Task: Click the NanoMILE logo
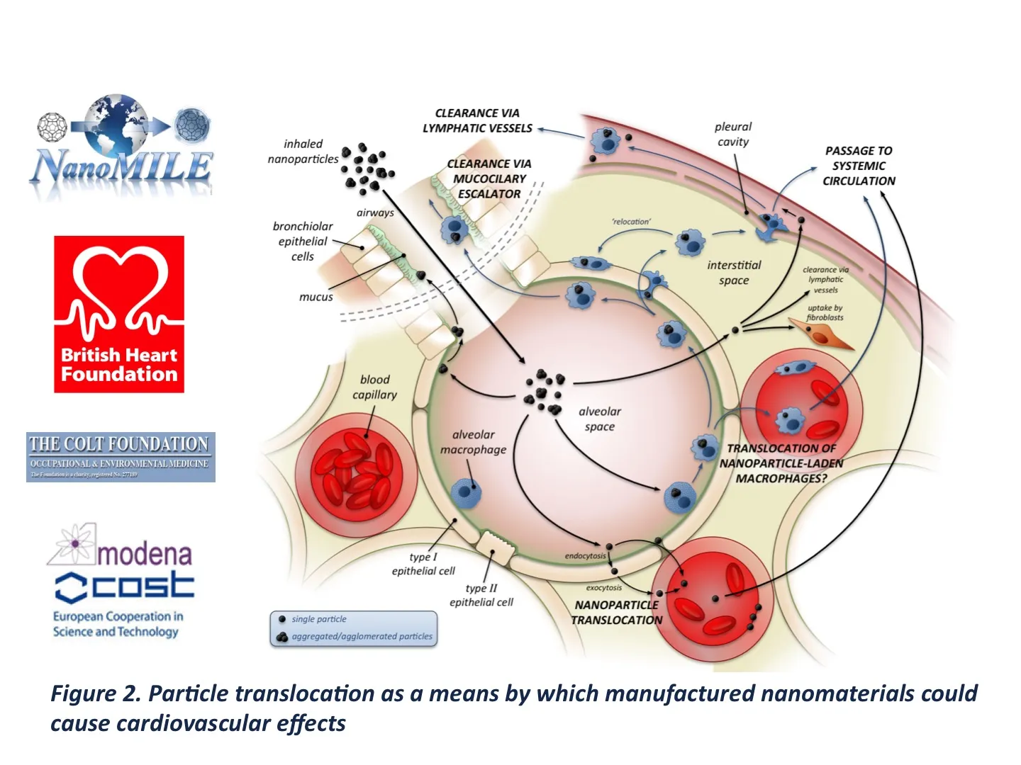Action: (x=121, y=147)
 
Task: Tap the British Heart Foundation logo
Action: (x=119, y=314)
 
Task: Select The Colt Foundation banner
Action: (x=121, y=457)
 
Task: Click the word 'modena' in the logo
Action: (x=144, y=553)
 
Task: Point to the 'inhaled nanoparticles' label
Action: (x=303, y=152)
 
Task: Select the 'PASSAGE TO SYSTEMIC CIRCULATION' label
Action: (x=859, y=166)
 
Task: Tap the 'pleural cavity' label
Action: (x=733, y=134)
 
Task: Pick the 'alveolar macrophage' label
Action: (x=473, y=442)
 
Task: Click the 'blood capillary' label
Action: (x=374, y=387)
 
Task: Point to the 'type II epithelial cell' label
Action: (x=481, y=595)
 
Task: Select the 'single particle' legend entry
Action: (x=318, y=619)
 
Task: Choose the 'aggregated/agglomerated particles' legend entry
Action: (x=362, y=636)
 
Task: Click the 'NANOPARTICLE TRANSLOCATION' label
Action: (x=616, y=612)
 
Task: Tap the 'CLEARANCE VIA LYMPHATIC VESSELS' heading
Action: (x=477, y=120)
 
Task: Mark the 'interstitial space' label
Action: (x=734, y=272)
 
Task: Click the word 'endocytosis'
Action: (x=585, y=556)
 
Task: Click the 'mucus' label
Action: (x=316, y=297)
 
